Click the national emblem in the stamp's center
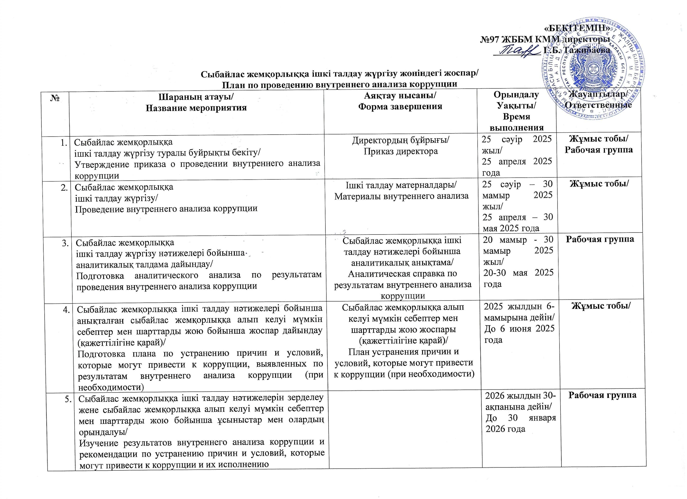(x=593, y=71)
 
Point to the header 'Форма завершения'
(x=400, y=106)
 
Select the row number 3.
(x=65, y=243)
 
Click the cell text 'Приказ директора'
(x=400, y=151)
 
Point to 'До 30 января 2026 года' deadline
(x=520, y=423)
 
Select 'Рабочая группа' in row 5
(x=602, y=395)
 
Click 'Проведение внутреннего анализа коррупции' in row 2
(x=166, y=209)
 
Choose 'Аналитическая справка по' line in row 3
(x=402, y=274)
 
